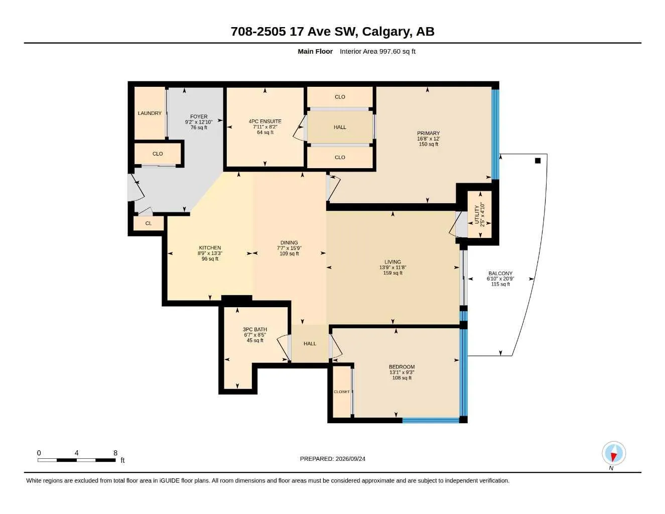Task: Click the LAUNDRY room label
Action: click(150, 113)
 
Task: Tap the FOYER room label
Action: click(199, 116)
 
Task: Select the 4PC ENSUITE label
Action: click(265, 121)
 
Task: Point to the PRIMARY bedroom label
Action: click(428, 133)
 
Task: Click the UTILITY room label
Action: click(476, 214)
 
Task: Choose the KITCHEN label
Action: click(210, 248)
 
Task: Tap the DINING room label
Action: click(289, 242)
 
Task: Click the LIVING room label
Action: click(392, 262)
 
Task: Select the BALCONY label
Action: click(500, 274)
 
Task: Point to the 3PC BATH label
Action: click(255, 329)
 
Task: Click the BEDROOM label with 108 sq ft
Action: click(402, 367)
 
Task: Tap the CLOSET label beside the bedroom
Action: click(341, 392)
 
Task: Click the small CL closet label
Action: click(149, 223)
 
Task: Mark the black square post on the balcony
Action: click(538, 161)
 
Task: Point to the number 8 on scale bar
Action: click(115, 453)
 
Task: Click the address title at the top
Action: click(332, 32)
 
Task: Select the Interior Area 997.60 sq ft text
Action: click(377, 51)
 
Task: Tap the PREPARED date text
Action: click(332, 459)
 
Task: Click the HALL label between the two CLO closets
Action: click(340, 127)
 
